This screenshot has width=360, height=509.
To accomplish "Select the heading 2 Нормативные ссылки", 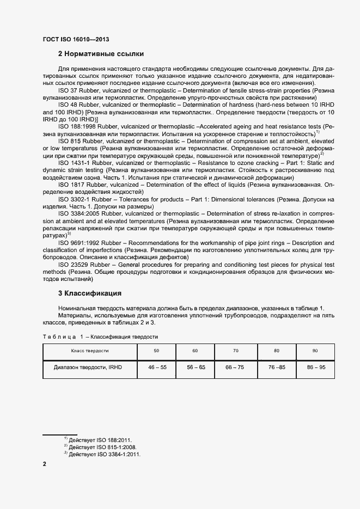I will (101, 54).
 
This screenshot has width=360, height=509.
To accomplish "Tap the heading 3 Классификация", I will (89, 293).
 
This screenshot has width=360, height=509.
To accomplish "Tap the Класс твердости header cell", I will (87, 351).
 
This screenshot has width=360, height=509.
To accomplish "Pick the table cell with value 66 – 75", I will (235, 367).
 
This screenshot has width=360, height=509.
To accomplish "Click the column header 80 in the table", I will (276, 351).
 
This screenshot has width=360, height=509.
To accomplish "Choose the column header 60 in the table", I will (195, 351).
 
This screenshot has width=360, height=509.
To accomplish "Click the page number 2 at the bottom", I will (45, 464).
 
